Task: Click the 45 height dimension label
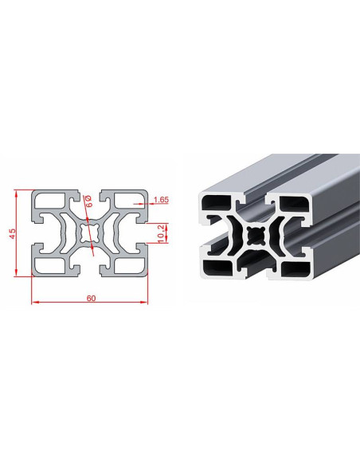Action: point(12,233)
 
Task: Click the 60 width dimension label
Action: point(92,298)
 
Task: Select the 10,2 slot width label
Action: point(161,233)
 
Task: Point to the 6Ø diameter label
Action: point(88,201)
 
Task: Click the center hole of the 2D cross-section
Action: point(89,233)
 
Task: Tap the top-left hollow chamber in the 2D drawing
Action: point(50,200)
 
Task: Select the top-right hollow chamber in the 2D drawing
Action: point(129,200)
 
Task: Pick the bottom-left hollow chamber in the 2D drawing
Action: point(50,266)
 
